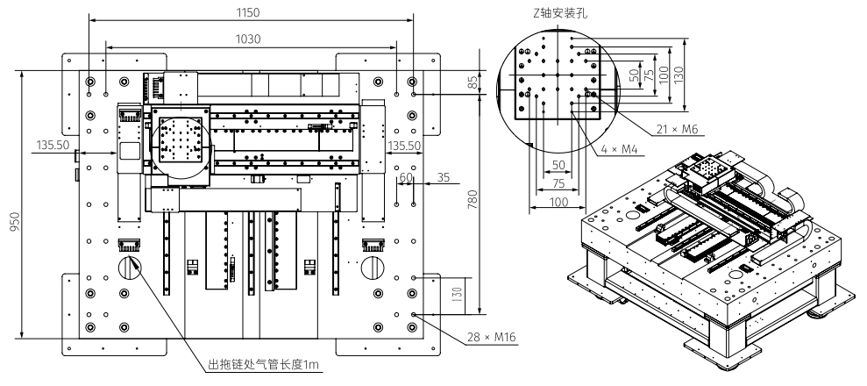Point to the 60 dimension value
point(406,177)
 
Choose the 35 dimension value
point(443,177)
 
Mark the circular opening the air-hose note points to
point(129,267)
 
